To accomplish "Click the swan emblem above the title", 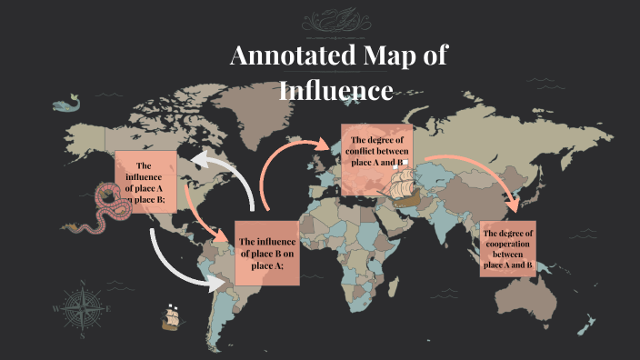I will coord(345,21).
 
